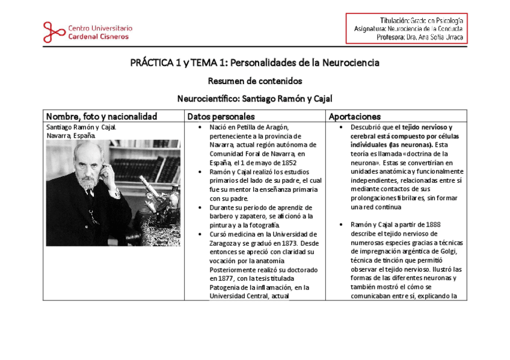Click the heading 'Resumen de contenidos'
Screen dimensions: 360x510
(x=254, y=81)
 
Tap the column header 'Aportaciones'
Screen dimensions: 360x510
(x=355, y=116)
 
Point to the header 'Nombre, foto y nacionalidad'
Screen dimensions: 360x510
(x=102, y=116)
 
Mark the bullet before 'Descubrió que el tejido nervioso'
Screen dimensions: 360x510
(x=341, y=127)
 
